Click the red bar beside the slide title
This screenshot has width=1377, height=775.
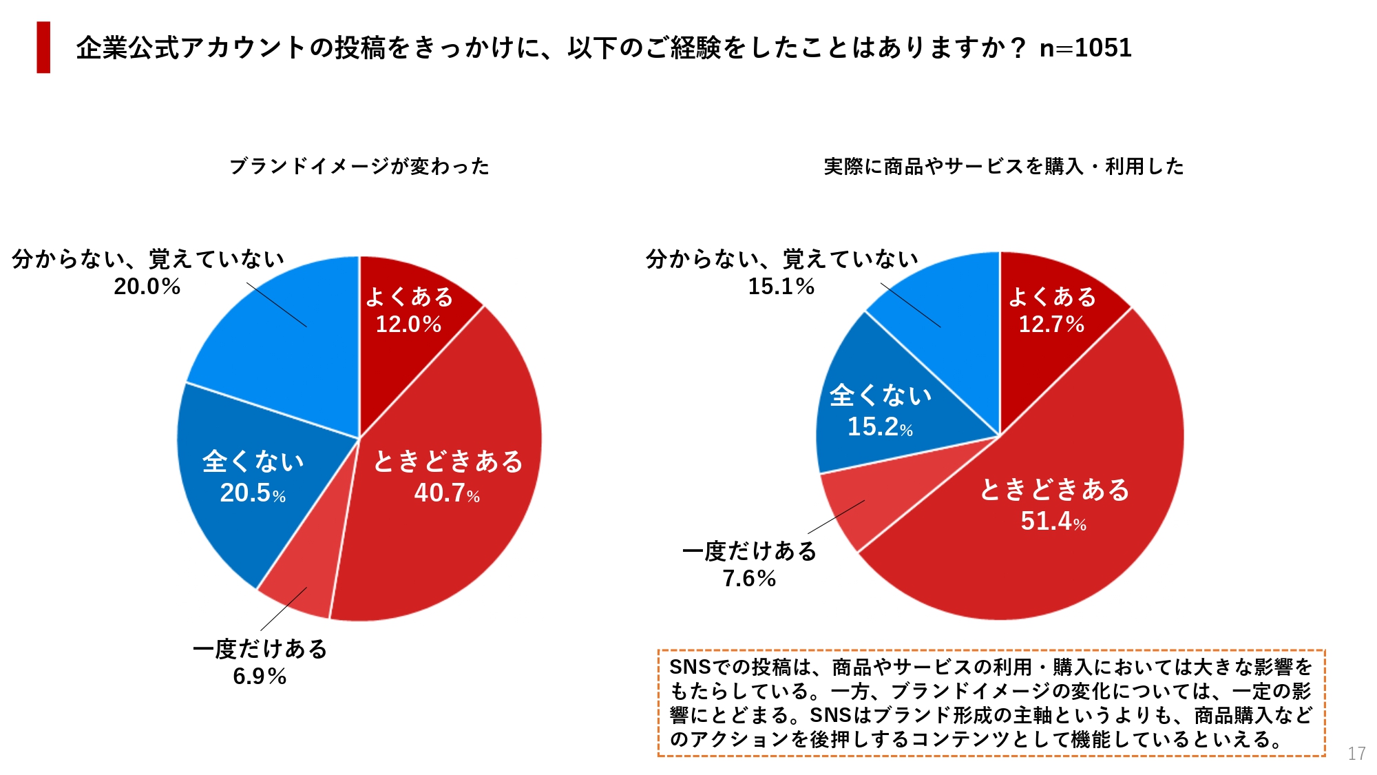pyautogui.click(x=43, y=47)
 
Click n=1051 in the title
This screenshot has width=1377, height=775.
pyautogui.click(x=1085, y=48)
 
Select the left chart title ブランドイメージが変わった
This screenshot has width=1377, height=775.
pyautogui.click(x=359, y=166)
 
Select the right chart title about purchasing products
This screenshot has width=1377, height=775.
pyautogui.click(x=1003, y=166)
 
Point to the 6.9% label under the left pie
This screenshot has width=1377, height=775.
pyautogui.click(x=260, y=676)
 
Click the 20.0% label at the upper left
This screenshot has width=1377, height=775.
pyautogui.click(x=147, y=286)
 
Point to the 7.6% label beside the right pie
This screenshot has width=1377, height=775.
pyautogui.click(x=749, y=578)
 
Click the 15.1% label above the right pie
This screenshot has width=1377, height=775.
pyautogui.click(x=781, y=286)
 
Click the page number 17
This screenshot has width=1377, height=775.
pyautogui.click(x=1356, y=754)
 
